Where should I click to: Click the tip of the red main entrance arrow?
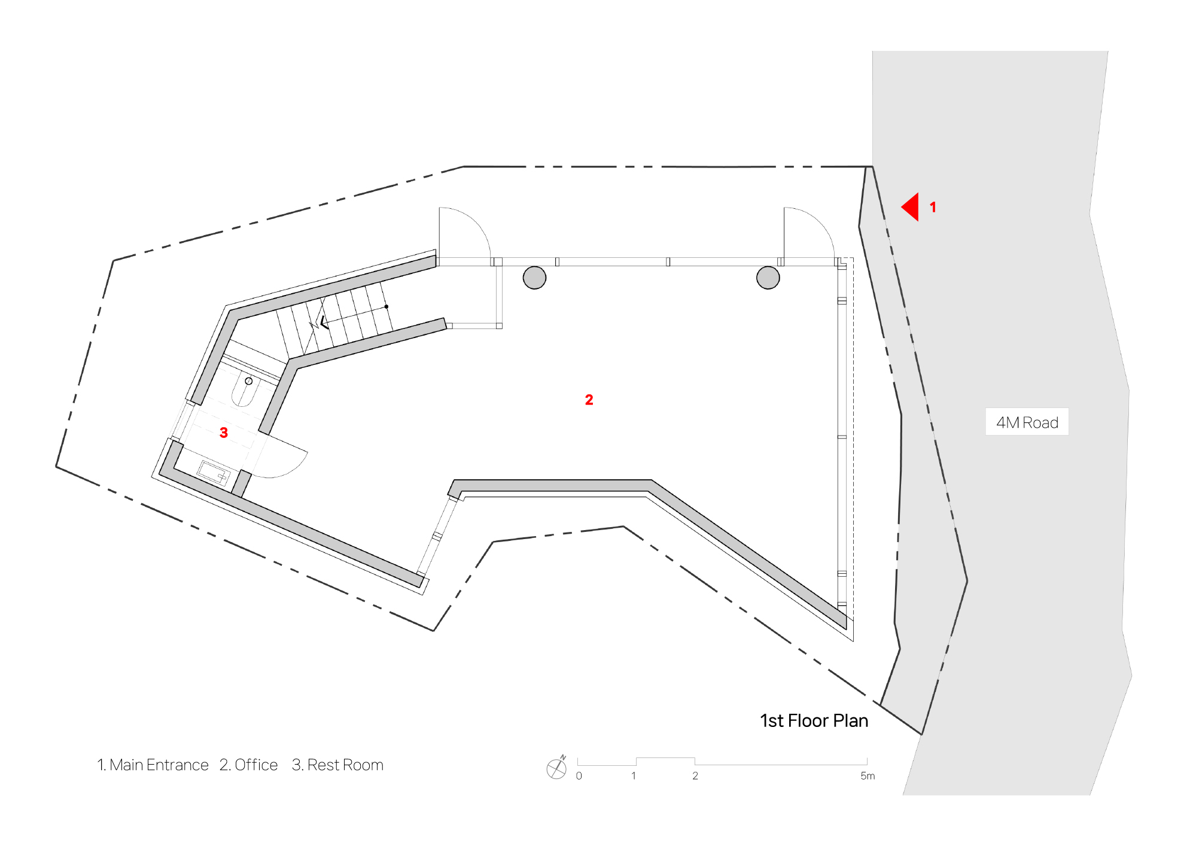902,207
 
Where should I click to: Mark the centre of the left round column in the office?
534,278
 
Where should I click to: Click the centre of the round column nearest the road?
768,278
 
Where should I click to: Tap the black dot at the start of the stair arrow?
387,307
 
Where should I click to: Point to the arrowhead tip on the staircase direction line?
321,324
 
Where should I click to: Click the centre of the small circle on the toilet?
249,381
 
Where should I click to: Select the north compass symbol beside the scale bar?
556,768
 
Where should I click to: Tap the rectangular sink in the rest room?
214,472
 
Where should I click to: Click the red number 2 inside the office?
589,400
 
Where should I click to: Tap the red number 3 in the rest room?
224,433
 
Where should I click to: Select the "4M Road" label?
1027,422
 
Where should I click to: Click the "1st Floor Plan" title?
814,721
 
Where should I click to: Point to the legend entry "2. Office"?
249,765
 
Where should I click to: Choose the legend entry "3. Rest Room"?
337,765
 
